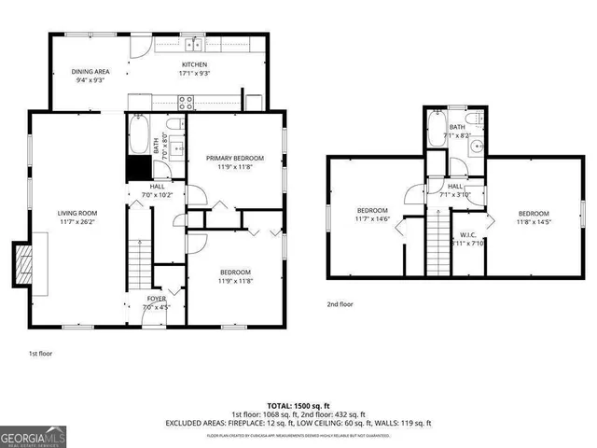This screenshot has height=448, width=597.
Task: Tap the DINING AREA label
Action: pyautogui.click(x=90, y=70)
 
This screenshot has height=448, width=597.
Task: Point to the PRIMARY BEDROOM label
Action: pyautogui.click(x=235, y=159)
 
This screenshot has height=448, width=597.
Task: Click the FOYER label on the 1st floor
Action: pyautogui.click(x=155, y=299)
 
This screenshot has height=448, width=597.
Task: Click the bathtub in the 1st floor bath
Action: pyautogui.click(x=136, y=133)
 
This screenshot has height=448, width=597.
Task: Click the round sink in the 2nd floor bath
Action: pyautogui.click(x=477, y=145)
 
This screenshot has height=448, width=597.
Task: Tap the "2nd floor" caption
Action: pyautogui.click(x=340, y=304)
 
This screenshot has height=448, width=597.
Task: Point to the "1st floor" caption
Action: pyautogui.click(x=40, y=354)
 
